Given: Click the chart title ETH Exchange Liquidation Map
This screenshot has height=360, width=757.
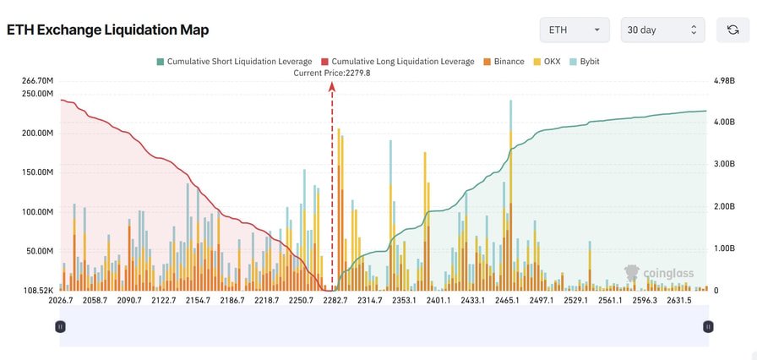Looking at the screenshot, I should click(107, 30).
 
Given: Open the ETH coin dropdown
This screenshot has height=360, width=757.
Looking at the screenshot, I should click(574, 30).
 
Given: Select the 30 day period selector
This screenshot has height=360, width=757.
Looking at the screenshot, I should click(662, 30).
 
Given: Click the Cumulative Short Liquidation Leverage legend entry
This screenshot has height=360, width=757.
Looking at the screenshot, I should click(234, 62).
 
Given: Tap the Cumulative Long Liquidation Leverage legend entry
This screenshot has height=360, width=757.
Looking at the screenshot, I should click(398, 62).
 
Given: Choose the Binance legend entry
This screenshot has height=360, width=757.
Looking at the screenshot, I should click(504, 62).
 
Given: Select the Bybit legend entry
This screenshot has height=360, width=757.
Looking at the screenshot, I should click(590, 62).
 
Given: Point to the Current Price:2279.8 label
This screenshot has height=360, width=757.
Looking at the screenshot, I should click(332, 73).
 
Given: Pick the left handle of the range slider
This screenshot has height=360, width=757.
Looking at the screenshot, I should click(60, 326).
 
